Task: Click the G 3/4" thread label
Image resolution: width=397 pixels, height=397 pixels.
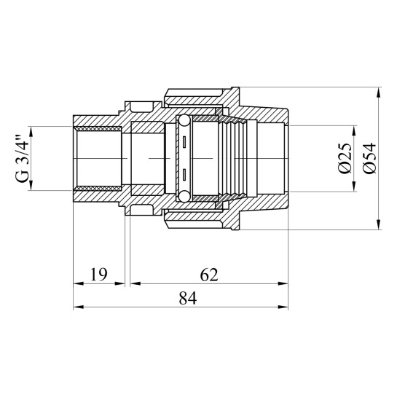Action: click(x=22, y=159)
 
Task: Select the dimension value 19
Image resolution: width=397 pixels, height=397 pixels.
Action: click(x=99, y=275)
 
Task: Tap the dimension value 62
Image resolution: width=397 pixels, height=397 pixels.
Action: click(x=209, y=275)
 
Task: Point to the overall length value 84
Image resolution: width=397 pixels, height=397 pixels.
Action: click(x=188, y=298)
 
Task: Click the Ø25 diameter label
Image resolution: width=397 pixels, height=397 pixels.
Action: click(x=345, y=159)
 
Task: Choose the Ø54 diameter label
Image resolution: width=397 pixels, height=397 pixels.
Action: click(x=369, y=159)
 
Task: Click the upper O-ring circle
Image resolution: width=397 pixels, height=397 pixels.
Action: click(x=184, y=121)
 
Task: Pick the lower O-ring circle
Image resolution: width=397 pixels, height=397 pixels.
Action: click(x=184, y=196)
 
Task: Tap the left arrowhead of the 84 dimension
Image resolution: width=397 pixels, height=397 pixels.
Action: click(x=78, y=307)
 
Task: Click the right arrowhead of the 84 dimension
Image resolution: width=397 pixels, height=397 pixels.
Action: click(x=283, y=307)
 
